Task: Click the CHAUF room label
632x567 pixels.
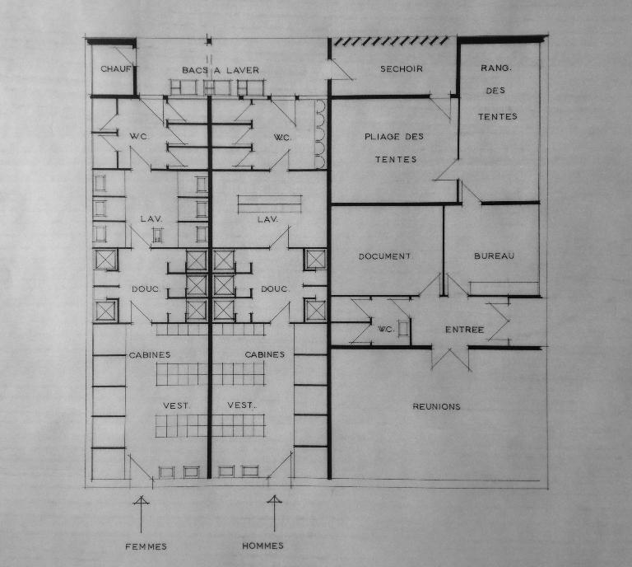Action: pyautogui.click(x=116, y=69)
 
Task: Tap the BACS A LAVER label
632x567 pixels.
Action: pyautogui.click(x=221, y=70)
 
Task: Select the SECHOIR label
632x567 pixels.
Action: pyautogui.click(x=402, y=69)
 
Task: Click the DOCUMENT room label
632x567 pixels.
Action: pyautogui.click(x=384, y=256)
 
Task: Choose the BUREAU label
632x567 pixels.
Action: pyautogui.click(x=494, y=255)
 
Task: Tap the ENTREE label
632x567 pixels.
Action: pyautogui.click(x=464, y=330)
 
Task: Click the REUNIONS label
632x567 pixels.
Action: pyautogui.click(x=436, y=407)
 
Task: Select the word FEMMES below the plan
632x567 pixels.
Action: pyautogui.click(x=146, y=547)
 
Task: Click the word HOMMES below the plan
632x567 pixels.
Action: pyautogui.click(x=263, y=546)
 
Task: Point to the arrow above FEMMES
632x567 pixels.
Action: pyautogui.click(x=141, y=514)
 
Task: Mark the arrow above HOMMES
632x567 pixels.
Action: pyautogui.click(x=275, y=513)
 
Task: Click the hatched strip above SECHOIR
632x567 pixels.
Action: pyautogui.click(x=392, y=40)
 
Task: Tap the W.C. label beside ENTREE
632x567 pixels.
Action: pyautogui.click(x=386, y=330)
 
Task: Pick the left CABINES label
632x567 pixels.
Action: pyautogui.click(x=150, y=355)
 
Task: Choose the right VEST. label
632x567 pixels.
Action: pyautogui.click(x=242, y=405)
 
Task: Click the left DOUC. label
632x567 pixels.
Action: pyautogui.click(x=146, y=289)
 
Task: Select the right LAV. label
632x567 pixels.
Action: pyautogui.click(x=268, y=219)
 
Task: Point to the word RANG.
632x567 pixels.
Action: pyautogui.click(x=496, y=68)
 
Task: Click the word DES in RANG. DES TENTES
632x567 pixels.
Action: pyautogui.click(x=495, y=91)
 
